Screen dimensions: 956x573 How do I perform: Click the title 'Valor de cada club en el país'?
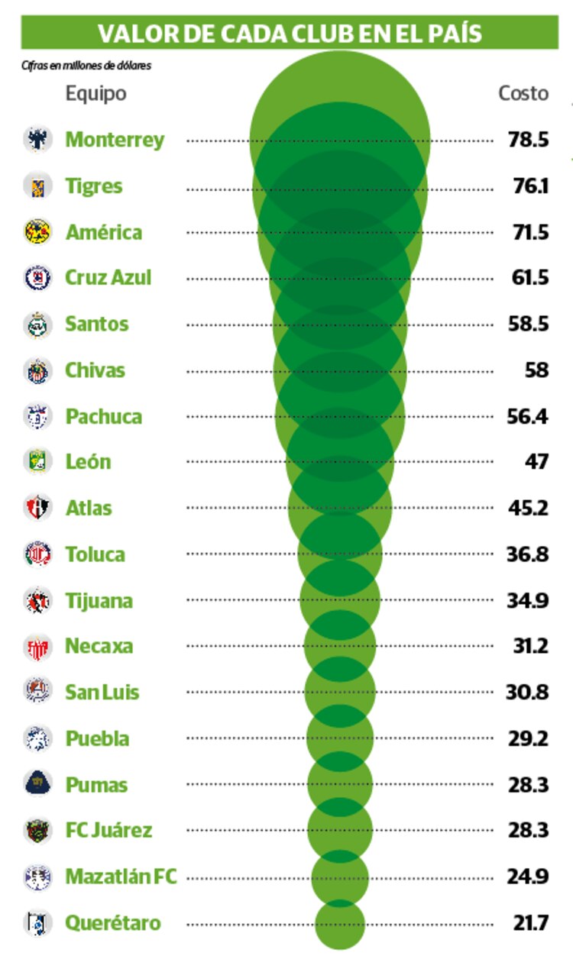pyautogui.click(x=290, y=33)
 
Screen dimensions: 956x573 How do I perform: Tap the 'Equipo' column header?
pyautogui.click(x=95, y=93)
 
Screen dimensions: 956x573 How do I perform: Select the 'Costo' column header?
pyautogui.click(x=523, y=93)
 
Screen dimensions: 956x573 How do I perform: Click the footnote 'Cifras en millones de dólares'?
pyautogui.click(x=86, y=66)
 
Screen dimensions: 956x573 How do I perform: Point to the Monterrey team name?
pyautogui.click(x=115, y=140)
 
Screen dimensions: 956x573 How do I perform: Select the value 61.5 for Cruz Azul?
pyautogui.click(x=529, y=278)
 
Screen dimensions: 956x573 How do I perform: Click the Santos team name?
pyautogui.click(x=96, y=324)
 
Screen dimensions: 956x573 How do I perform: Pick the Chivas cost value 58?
pyautogui.click(x=537, y=370)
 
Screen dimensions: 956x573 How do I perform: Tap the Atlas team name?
pyautogui.click(x=89, y=508)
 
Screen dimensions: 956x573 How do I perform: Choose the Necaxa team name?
pyautogui.click(x=99, y=646)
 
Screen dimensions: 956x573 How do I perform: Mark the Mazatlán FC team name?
pyautogui.click(x=121, y=877)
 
